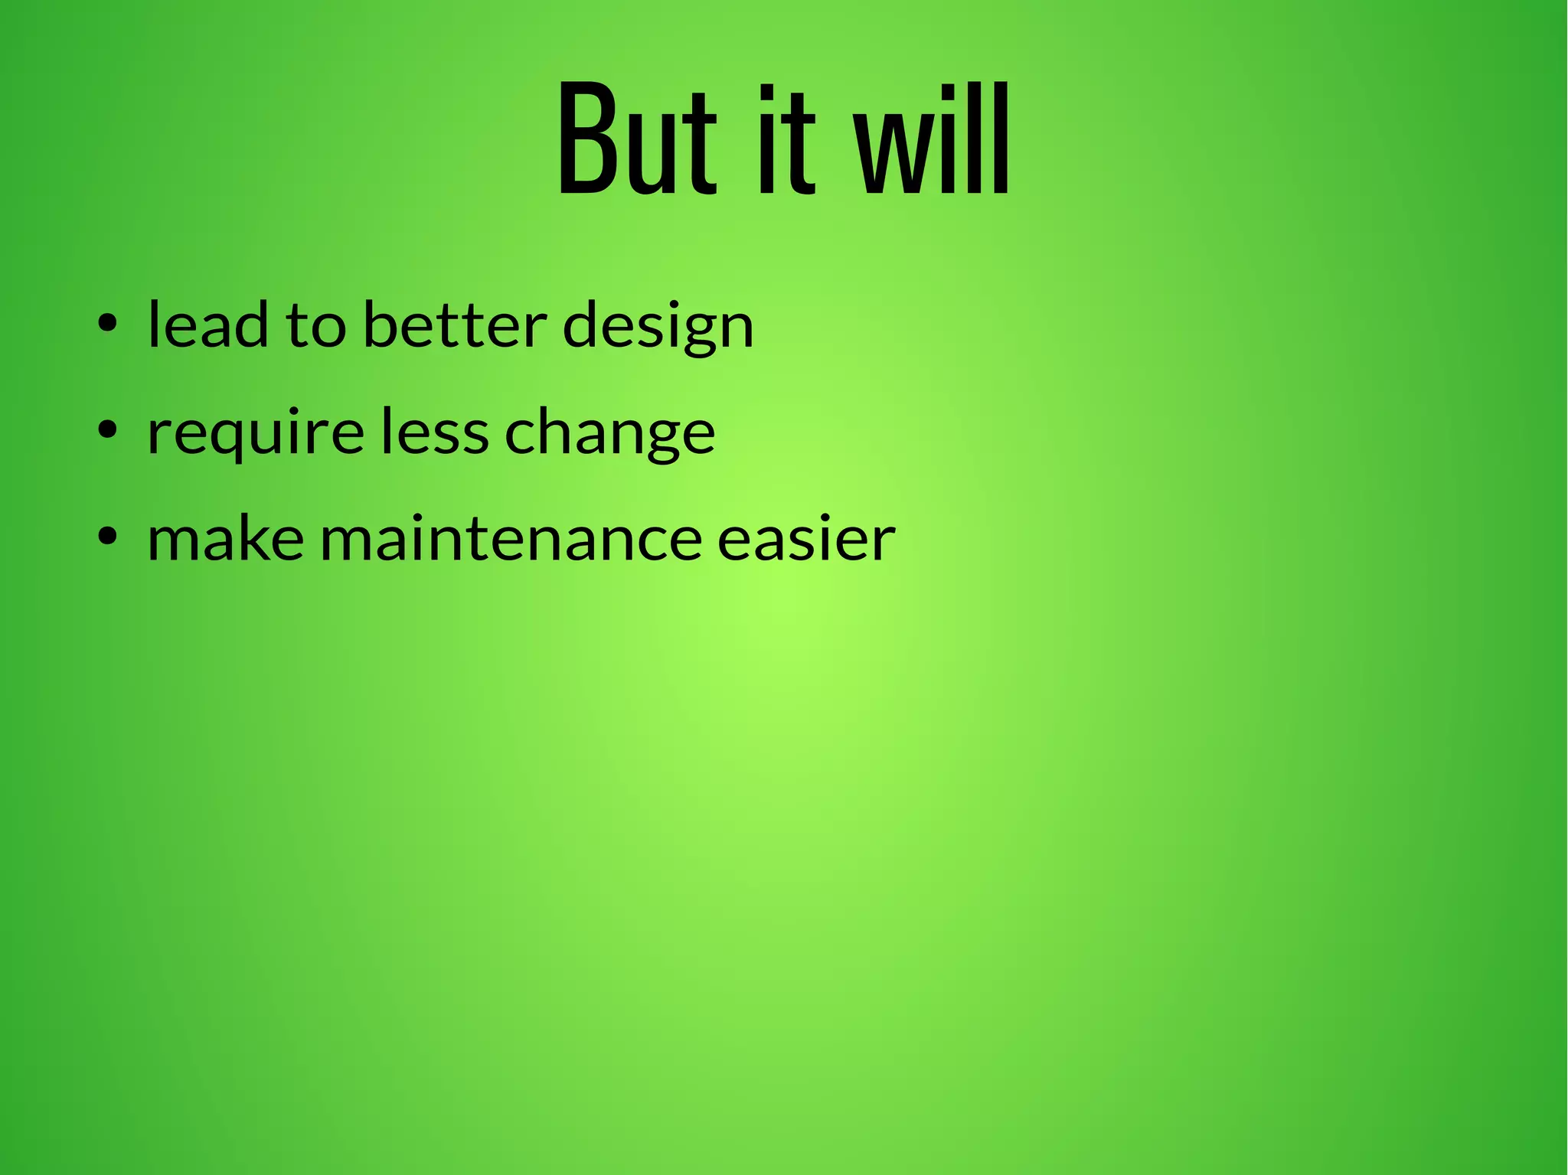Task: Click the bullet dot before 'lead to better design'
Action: [x=108, y=325]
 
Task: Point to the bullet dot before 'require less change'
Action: [x=108, y=431]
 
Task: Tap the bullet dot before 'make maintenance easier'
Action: [x=108, y=537]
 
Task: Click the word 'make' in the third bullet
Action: [x=225, y=537]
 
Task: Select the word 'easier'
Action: [x=806, y=537]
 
